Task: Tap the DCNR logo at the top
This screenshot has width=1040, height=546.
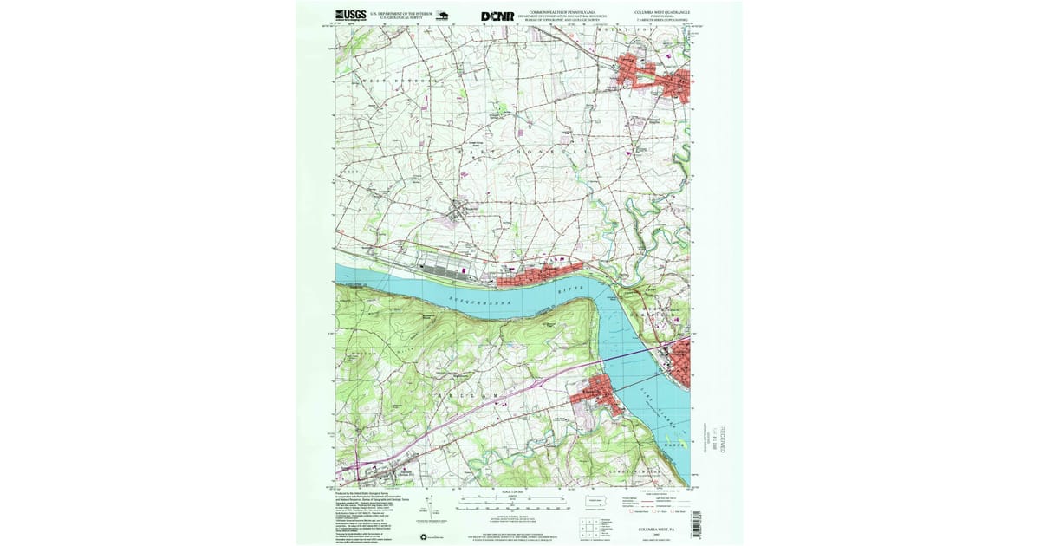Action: point(497,16)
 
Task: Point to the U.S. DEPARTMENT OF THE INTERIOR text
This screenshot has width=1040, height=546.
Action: point(400,14)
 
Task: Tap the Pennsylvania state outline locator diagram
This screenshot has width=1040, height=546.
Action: point(595,500)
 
